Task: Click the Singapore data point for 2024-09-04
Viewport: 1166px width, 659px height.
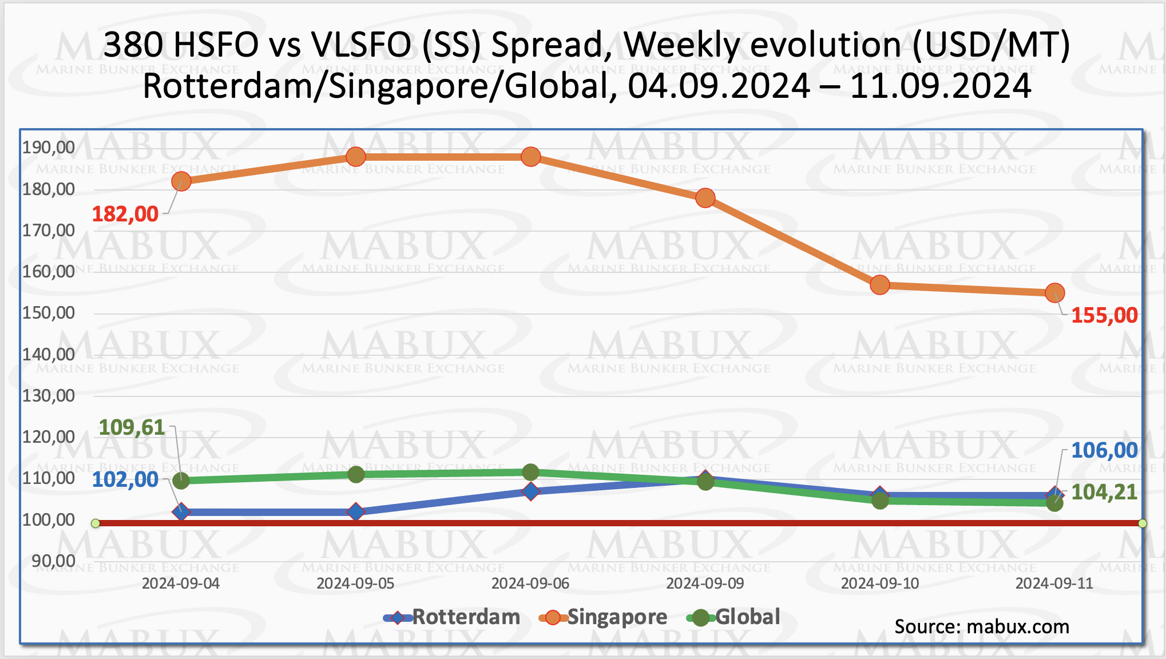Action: (x=181, y=182)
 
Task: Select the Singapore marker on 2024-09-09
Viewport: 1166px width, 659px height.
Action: (x=705, y=199)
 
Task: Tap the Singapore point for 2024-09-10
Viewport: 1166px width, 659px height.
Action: (x=880, y=285)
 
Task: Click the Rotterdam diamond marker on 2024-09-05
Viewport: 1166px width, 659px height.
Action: (x=356, y=511)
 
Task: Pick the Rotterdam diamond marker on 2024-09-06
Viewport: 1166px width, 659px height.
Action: (x=531, y=491)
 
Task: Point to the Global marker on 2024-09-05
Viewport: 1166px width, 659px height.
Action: (x=356, y=474)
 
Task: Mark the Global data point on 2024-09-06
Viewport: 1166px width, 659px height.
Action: (x=531, y=473)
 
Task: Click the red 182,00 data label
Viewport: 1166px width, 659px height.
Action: (x=125, y=215)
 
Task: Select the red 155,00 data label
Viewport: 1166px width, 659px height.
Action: (x=1104, y=315)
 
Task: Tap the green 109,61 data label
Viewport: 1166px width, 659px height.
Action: (x=132, y=427)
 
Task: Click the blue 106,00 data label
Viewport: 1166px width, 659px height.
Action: (x=1104, y=451)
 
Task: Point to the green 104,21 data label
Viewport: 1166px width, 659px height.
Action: (x=1104, y=493)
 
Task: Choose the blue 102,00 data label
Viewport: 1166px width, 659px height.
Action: (x=125, y=480)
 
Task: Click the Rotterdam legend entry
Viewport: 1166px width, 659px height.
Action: (x=452, y=617)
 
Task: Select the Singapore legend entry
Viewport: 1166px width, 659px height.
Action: (x=604, y=617)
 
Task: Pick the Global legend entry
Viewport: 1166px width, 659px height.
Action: (x=734, y=617)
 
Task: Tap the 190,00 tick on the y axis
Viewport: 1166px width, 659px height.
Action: (x=49, y=148)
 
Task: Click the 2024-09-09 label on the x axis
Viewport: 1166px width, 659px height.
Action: (x=705, y=583)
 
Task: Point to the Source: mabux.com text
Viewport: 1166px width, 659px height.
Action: (x=982, y=627)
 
